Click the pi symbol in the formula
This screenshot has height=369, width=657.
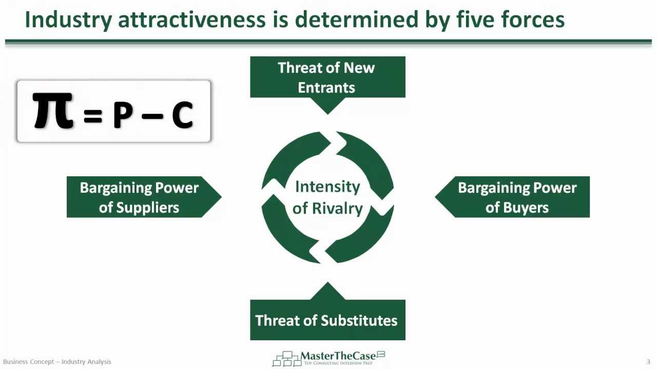click(52, 111)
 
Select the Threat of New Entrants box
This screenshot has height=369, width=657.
click(327, 77)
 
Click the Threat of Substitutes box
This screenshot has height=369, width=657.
click(327, 320)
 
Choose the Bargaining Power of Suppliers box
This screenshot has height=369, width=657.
click(139, 197)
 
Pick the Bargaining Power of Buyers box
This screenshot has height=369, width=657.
click(517, 197)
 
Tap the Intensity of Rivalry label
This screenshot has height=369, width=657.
click(327, 197)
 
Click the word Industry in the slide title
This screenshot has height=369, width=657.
click(68, 20)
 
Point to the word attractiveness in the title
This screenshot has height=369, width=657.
click(191, 20)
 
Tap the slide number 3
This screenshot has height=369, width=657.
click(648, 362)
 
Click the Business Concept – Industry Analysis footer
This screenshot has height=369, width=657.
click(57, 362)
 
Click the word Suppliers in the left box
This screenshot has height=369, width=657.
click(148, 208)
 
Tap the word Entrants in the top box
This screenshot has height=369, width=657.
click(326, 88)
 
